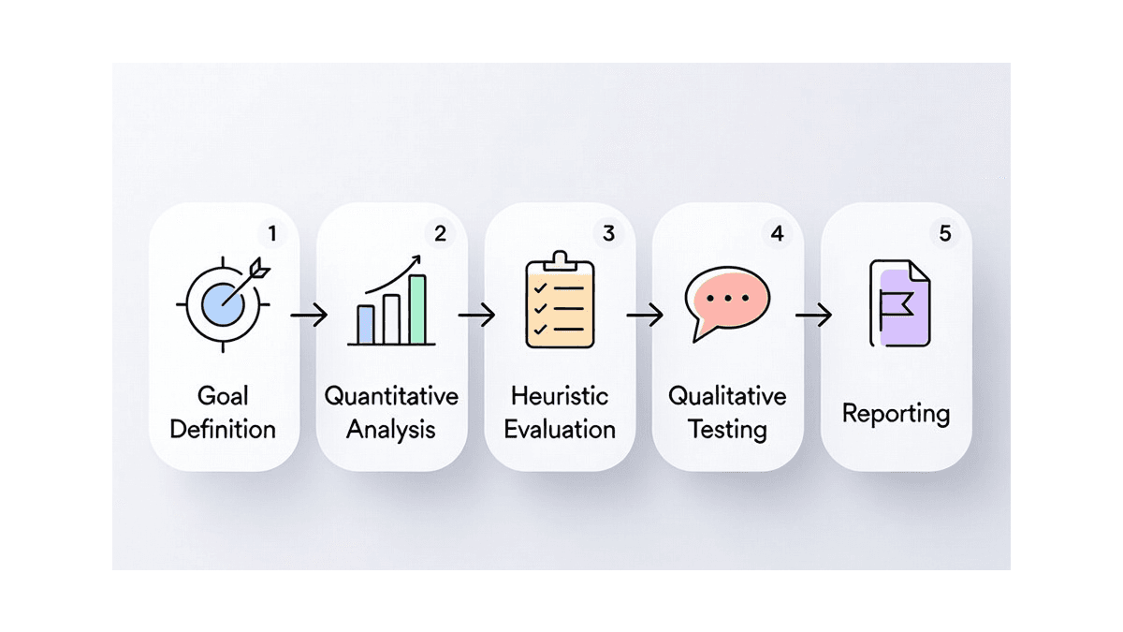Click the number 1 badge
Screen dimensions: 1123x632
pyautogui.click(x=272, y=233)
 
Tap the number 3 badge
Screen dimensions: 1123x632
pyautogui.click(x=608, y=233)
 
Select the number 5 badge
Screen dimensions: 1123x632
pyautogui.click(x=945, y=233)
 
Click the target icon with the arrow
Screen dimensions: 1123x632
pyautogui.click(x=224, y=304)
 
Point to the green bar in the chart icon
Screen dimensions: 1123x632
pyautogui.click(x=417, y=310)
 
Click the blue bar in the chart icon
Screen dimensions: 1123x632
pyautogui.click(x=366, y=325)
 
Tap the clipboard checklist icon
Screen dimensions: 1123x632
pyautogui.click(x=560, y=300)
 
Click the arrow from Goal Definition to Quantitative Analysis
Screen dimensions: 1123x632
pyautogui.click(x=309, y=315)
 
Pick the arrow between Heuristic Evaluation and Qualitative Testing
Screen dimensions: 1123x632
pyautogui.click(x=645, y=315)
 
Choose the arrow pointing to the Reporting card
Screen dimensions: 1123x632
pyautogui.click(x=813, y=315)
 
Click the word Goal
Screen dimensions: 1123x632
pyautogui.click(x=223, y=396)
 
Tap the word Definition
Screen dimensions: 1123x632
pyautogui.click(x=223, y=430)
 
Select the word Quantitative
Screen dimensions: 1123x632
pyautogui.click(x=391, y=396)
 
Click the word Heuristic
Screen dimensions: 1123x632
pyautogui.click(x=560, y=396)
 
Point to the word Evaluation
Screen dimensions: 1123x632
pyautogui.click(x=560, y=430)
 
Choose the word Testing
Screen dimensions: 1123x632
pyautogui.click(x=727, y=431)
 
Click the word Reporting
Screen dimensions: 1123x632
pyautogui.click(x=896, y=414)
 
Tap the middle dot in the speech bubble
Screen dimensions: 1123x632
pyautogui.click(x=728, y=298)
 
